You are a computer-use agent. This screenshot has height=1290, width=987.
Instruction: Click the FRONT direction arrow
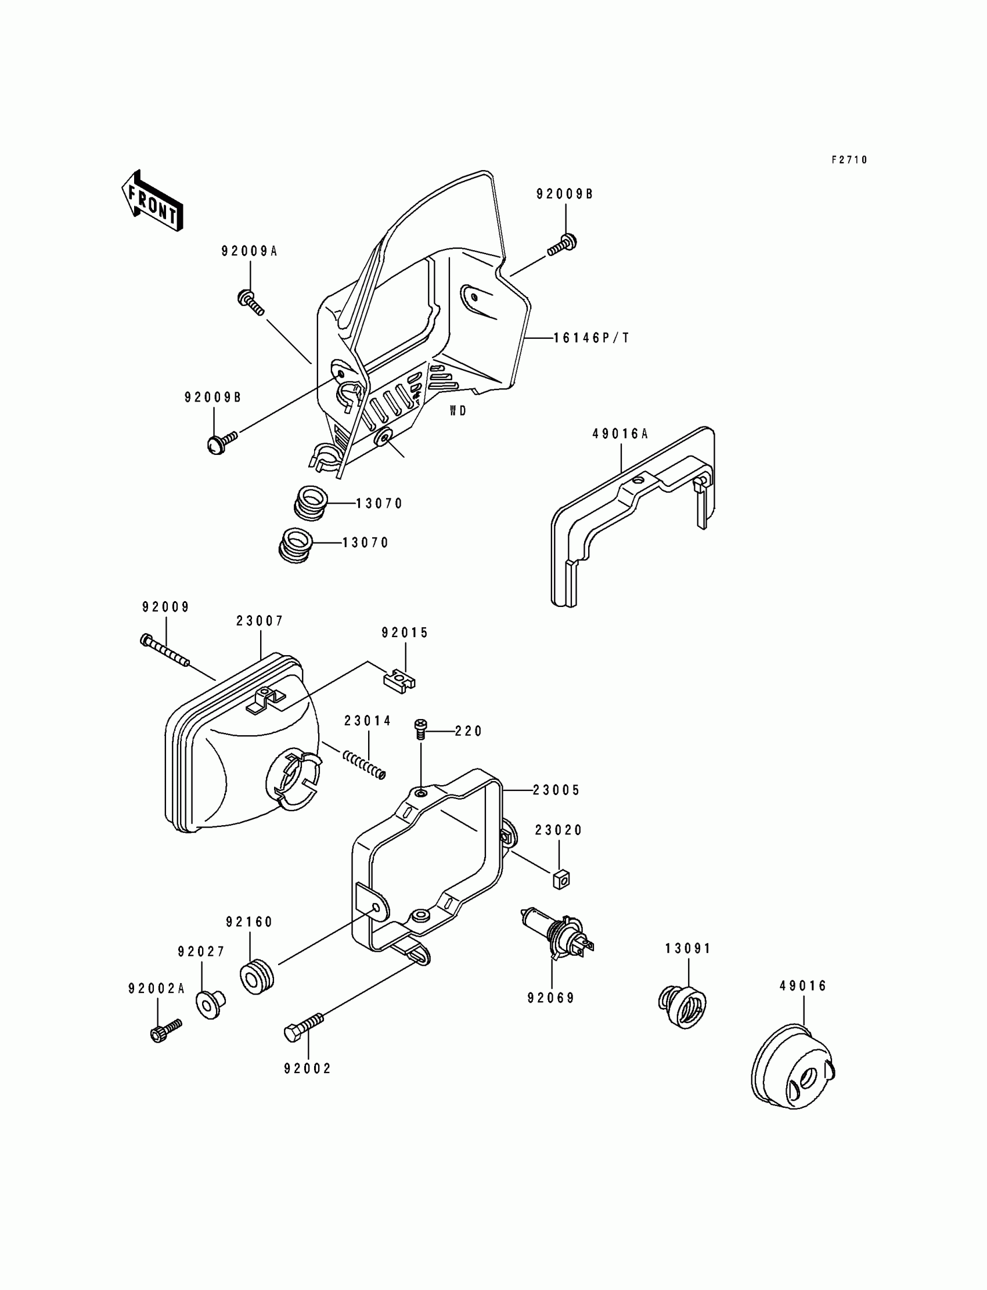tap(152, 201)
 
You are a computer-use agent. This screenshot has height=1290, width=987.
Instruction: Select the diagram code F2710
tap(849, 160)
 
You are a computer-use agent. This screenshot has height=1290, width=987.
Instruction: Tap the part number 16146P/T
tap(591, 338)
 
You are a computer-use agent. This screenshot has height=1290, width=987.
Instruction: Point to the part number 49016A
tap(620, 434)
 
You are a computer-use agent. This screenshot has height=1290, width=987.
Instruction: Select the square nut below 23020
tap(561, 879)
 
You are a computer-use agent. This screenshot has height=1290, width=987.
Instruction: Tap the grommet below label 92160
tap(257, 977)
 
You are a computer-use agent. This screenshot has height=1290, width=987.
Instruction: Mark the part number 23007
tap(260, 621)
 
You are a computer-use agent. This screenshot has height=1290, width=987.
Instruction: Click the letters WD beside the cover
tap(458, 411)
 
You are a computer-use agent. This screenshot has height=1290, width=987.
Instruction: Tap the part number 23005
tap(556, 790)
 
